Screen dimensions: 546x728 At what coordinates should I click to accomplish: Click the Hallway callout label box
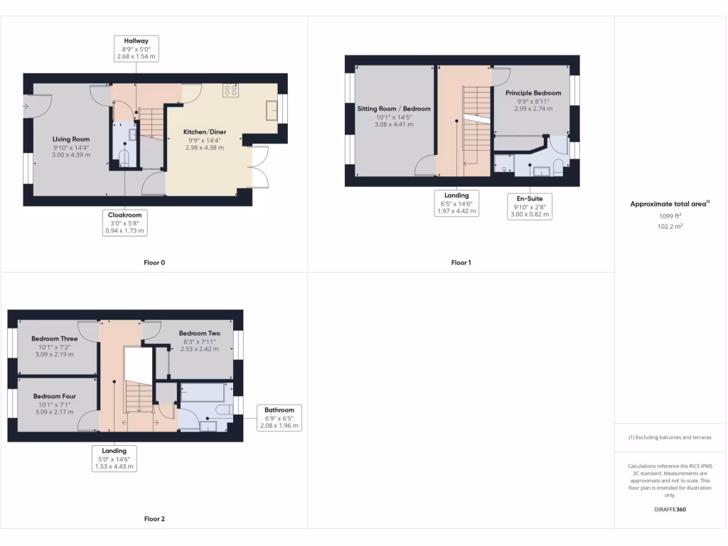pos(136,48)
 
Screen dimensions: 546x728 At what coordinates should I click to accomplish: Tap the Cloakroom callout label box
pos(124,223)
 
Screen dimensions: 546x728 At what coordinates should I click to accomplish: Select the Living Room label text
pos(71,139)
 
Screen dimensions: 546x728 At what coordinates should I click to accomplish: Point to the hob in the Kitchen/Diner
pos(231,90)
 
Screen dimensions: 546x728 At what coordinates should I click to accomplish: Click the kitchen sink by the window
pos(272,109)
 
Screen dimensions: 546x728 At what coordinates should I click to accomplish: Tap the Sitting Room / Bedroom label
pos(394,109)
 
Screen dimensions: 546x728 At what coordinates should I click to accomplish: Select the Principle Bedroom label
pos(533,93)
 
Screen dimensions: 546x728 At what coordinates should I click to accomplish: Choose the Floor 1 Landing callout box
pos(457,203)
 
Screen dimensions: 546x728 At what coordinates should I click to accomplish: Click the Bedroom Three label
pos(55,339)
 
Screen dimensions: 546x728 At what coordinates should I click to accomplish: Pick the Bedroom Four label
pos(54,397)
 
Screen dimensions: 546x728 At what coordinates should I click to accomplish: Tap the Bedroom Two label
pos(199,333)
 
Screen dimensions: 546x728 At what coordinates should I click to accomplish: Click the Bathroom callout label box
pos(279,418)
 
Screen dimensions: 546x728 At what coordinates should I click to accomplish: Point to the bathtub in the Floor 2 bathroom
pos(203,392)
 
